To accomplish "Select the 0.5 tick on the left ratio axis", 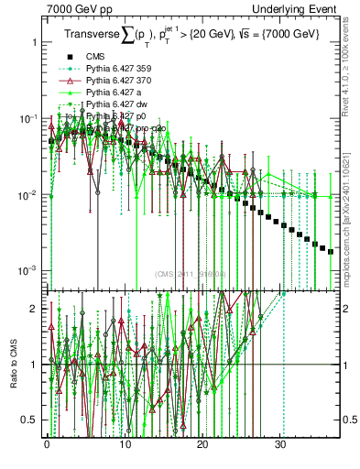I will click(31, 420).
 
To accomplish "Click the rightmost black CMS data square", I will click(331, 251).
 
